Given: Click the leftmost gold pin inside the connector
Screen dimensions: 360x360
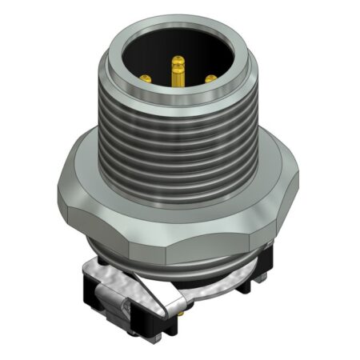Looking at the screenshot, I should click(x=146, y=78).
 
